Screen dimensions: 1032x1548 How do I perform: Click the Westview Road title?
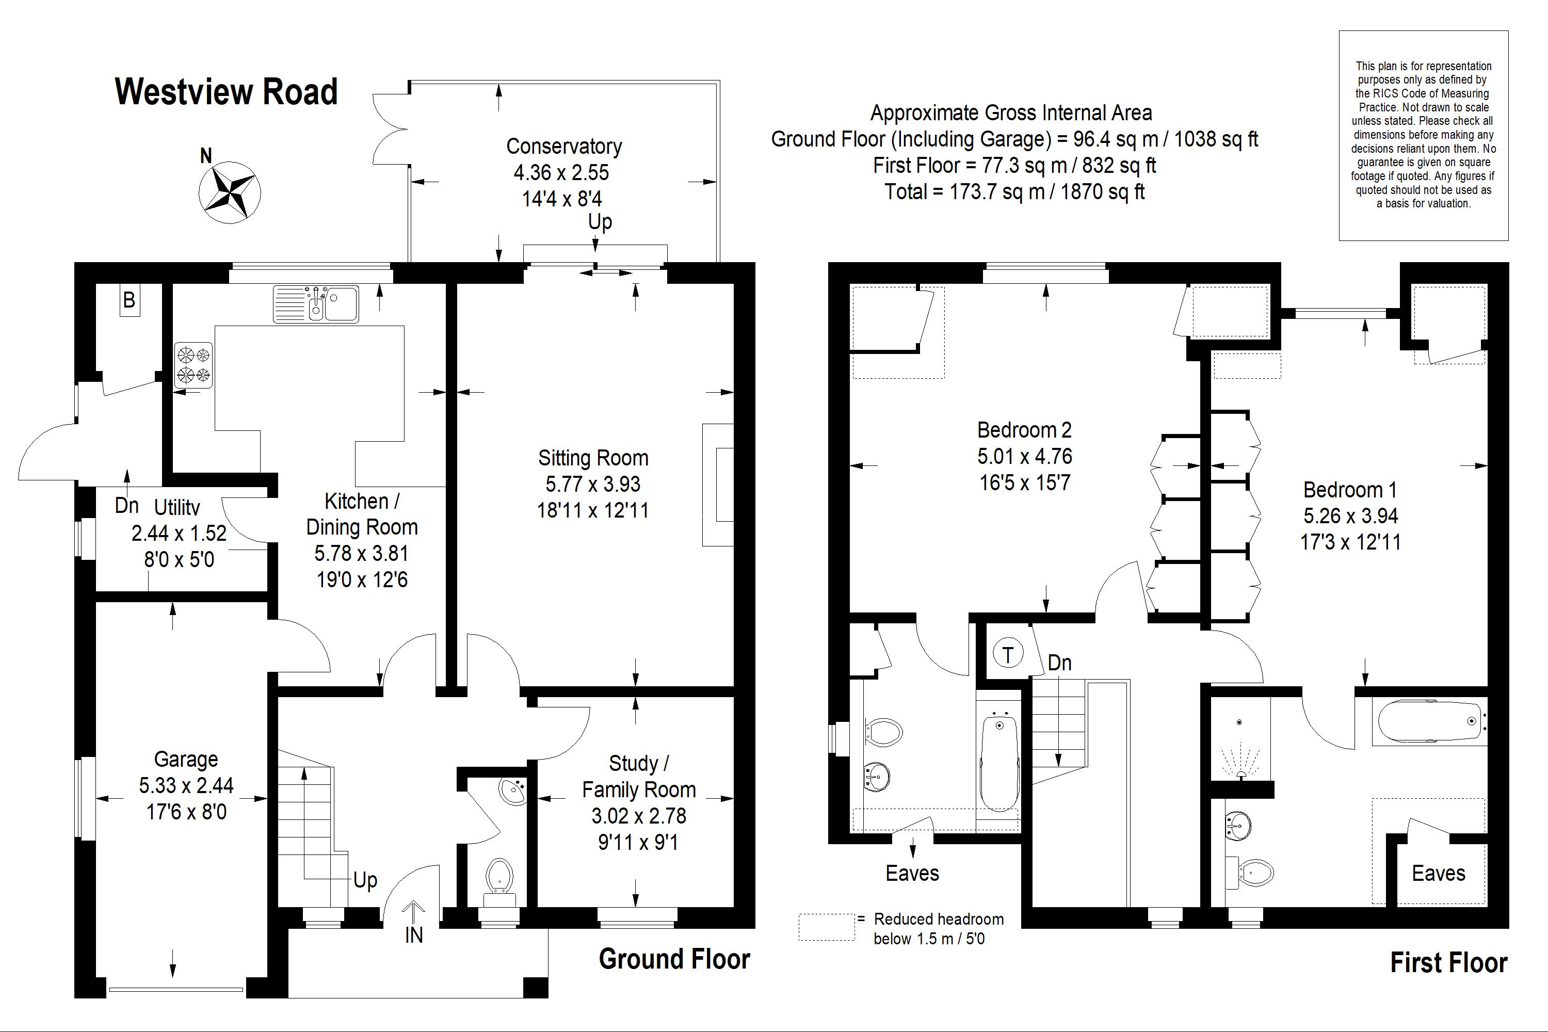coord(226,91)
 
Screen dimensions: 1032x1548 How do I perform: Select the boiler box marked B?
coord(130,301)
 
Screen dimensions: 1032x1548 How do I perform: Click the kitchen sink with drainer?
coord(316,304)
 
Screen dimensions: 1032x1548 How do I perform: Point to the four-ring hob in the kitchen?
coord(193,365)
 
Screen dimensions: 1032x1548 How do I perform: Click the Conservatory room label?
coord(563,146)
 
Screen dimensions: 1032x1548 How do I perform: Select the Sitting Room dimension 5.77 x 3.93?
coord(592,485)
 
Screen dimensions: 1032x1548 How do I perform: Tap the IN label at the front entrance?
coord(413,935)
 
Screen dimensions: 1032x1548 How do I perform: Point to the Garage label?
coord(186,760)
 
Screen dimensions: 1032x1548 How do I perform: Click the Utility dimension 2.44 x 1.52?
coord(179,533)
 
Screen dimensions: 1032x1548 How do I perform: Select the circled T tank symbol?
coord(1007,655)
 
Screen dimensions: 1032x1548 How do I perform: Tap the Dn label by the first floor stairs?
coord(1059,663)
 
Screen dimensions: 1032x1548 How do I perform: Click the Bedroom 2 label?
coord(1024,430)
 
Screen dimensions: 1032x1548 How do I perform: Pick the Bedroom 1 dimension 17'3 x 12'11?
coord(1350,542)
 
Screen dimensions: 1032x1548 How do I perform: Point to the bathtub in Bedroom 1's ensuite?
coord(1428,721)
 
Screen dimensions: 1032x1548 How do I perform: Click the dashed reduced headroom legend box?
coord(827,927)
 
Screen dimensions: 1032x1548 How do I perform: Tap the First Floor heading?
coord(1448,963)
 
